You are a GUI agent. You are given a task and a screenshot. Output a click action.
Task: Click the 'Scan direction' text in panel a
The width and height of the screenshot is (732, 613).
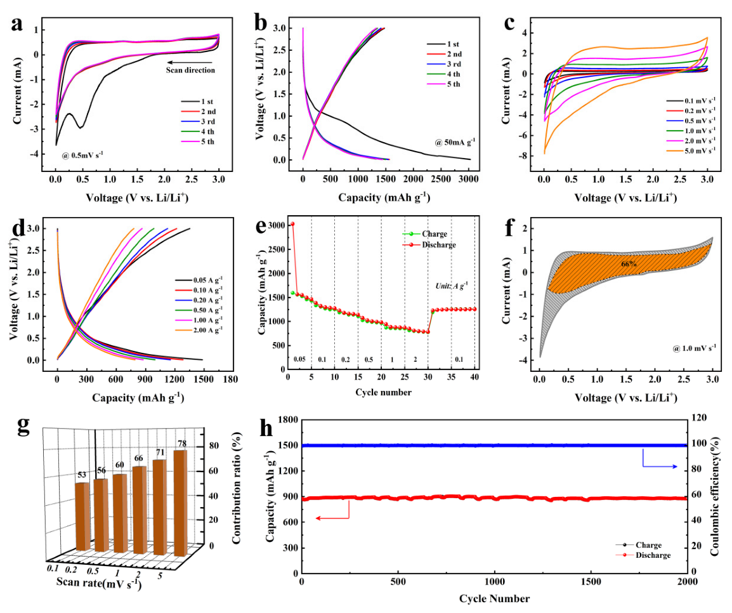(191, 70)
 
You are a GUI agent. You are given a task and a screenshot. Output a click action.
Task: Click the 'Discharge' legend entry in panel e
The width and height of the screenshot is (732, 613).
(437, 245)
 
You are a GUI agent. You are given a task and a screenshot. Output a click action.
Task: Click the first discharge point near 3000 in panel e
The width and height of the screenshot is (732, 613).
(292, 224)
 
